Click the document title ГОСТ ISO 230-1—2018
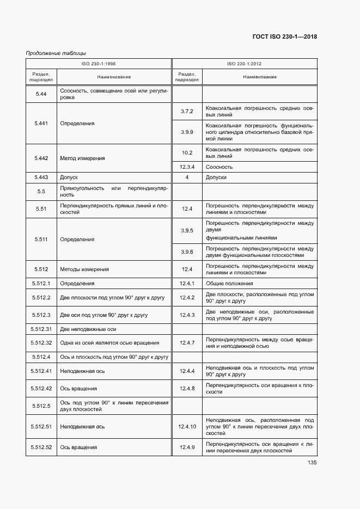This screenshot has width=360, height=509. (285, 37)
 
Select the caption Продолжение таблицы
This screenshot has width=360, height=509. (56, 53)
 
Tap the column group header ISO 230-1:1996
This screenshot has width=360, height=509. (99, 64)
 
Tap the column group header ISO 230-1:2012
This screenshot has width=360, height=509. (245, 64)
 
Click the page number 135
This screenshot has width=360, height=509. (312, 463)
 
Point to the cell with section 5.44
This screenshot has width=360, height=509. (41, 94)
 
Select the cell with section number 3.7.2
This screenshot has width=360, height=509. (187, 112)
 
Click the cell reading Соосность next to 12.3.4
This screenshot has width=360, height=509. (219, 167)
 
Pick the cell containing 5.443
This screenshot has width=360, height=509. (41, 177)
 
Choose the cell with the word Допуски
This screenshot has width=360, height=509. (216, 177)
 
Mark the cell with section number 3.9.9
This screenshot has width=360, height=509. (187, 132)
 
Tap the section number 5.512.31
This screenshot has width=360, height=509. (41, 329)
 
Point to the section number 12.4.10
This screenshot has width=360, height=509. (187, 427)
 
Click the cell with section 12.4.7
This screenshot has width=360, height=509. (187, 342)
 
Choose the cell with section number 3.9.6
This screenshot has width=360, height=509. (187, 252)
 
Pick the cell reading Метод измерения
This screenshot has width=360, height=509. (83, 158)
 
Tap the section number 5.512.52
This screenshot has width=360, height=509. (41, 447)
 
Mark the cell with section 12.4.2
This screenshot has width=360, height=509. (187, 297)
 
